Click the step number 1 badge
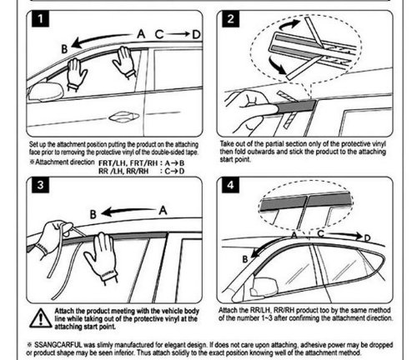pos(41,19)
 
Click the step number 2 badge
pos(230,19)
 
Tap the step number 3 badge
pos(41,184)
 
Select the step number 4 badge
pos(230,184)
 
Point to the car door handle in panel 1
pos(124,117)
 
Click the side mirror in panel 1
pos(45,91)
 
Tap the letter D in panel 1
pos(197,34)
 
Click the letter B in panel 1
pos(64,49)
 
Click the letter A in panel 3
pos(163,210)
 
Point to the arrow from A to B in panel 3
pos(128,212)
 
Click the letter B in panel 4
pos(245,259)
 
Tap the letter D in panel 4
pos(367,238)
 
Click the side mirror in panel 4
pos(264,286)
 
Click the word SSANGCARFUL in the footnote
pos(58,345)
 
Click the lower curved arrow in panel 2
pos(278,65)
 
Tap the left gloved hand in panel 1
pos(76,74)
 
